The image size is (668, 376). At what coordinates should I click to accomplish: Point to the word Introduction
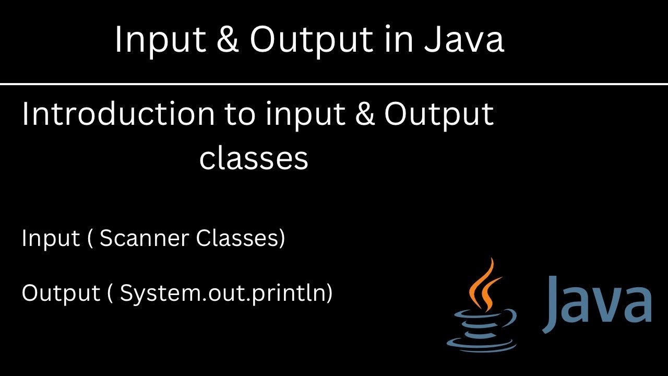pyautogui.click(x=118, y=114)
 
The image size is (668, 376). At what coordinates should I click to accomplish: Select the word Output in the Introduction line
pyautogui.click(x=439, y=115)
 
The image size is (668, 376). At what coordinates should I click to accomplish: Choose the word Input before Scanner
pyautogui.click(x=51, y=239)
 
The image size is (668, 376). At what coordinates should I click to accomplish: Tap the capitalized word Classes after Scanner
pyautogui.click(x=240, y=238)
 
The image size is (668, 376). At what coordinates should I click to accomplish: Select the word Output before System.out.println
pyautogui.click(x=61, y=293)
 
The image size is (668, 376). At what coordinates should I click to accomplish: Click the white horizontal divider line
pyautogui.click(x=334, y=84)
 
